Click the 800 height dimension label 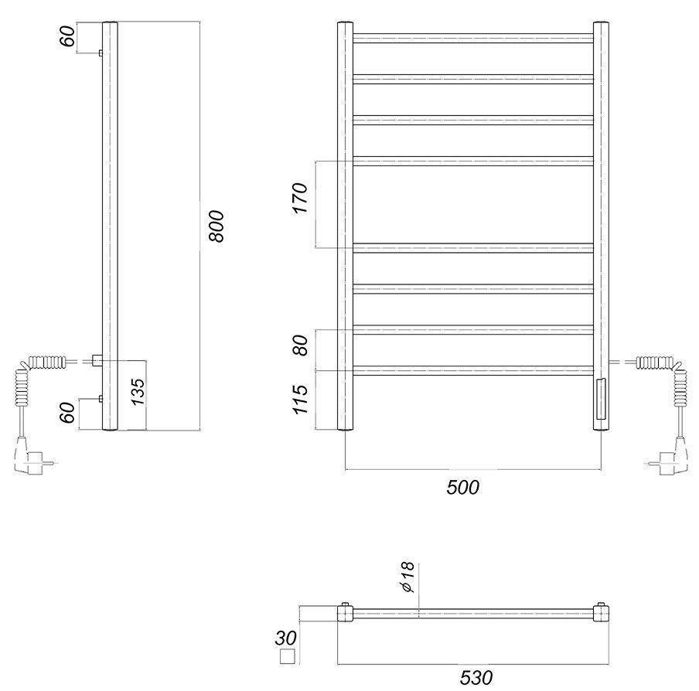[217, 226]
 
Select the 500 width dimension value [462, 488]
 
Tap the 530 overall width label [476, 678]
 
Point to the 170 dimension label [301, 198]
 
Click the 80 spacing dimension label [301, 345]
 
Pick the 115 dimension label [301, 400]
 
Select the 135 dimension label [138, 392]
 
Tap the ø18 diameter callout [408, 577]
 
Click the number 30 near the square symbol [285, 638]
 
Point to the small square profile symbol [288, 657]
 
